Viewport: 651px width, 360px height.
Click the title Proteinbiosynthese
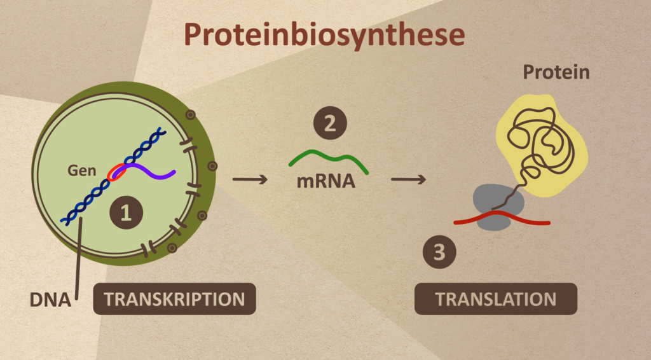tap(324, 35)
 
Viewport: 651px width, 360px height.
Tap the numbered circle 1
tap(126, 215)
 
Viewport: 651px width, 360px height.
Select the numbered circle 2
tap(330, 123)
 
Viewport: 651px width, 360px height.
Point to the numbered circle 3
tap(439, 252)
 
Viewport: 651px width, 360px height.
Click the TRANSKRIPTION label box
tap(174, 299)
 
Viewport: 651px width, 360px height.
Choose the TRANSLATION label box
tap(496, 299)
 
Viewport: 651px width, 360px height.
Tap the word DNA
tap(50, 299)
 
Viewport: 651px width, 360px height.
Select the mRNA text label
tap(325, 183)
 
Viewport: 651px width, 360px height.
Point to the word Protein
tap(556, 73)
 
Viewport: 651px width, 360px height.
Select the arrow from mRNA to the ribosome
tap(408, 179)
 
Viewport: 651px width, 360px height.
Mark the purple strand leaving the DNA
tap(156, 174)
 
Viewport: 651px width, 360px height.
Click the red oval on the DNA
tap(117, 172)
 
